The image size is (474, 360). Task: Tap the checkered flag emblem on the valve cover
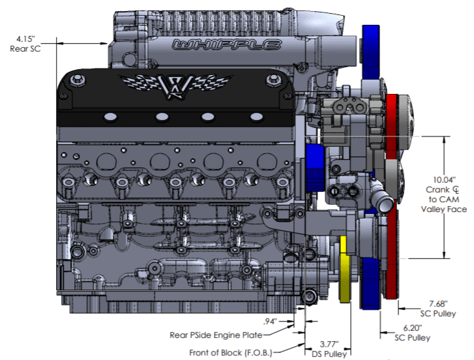(x=174, y=85)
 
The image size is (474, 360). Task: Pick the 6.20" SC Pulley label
(x=413, y=332)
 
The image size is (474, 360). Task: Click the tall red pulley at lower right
(x=391, y=261)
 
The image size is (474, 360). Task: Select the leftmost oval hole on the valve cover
(x=109, y=116)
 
